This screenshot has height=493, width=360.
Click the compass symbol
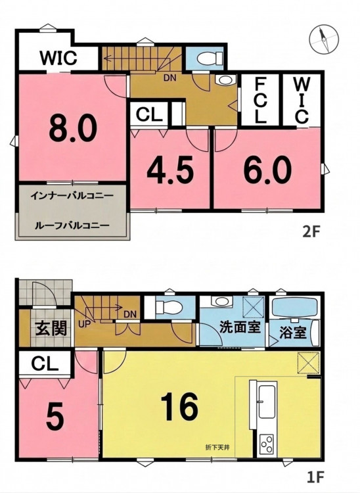click(x=324, y=39)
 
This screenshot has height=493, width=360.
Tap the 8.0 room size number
click(x=73, y=128)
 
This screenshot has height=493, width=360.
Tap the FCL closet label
click(x=260, y=101)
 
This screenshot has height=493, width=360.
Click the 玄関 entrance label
click(x=51, y=329)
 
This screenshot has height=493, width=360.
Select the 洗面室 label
click(x=240, y=327)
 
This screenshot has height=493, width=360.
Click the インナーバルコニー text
click(x=72, y=196)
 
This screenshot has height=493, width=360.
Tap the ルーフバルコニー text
click(x=72, y=225)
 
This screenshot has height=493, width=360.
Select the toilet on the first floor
click(x=168, y=306)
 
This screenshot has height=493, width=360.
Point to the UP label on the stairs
click(x=84, y=324)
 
